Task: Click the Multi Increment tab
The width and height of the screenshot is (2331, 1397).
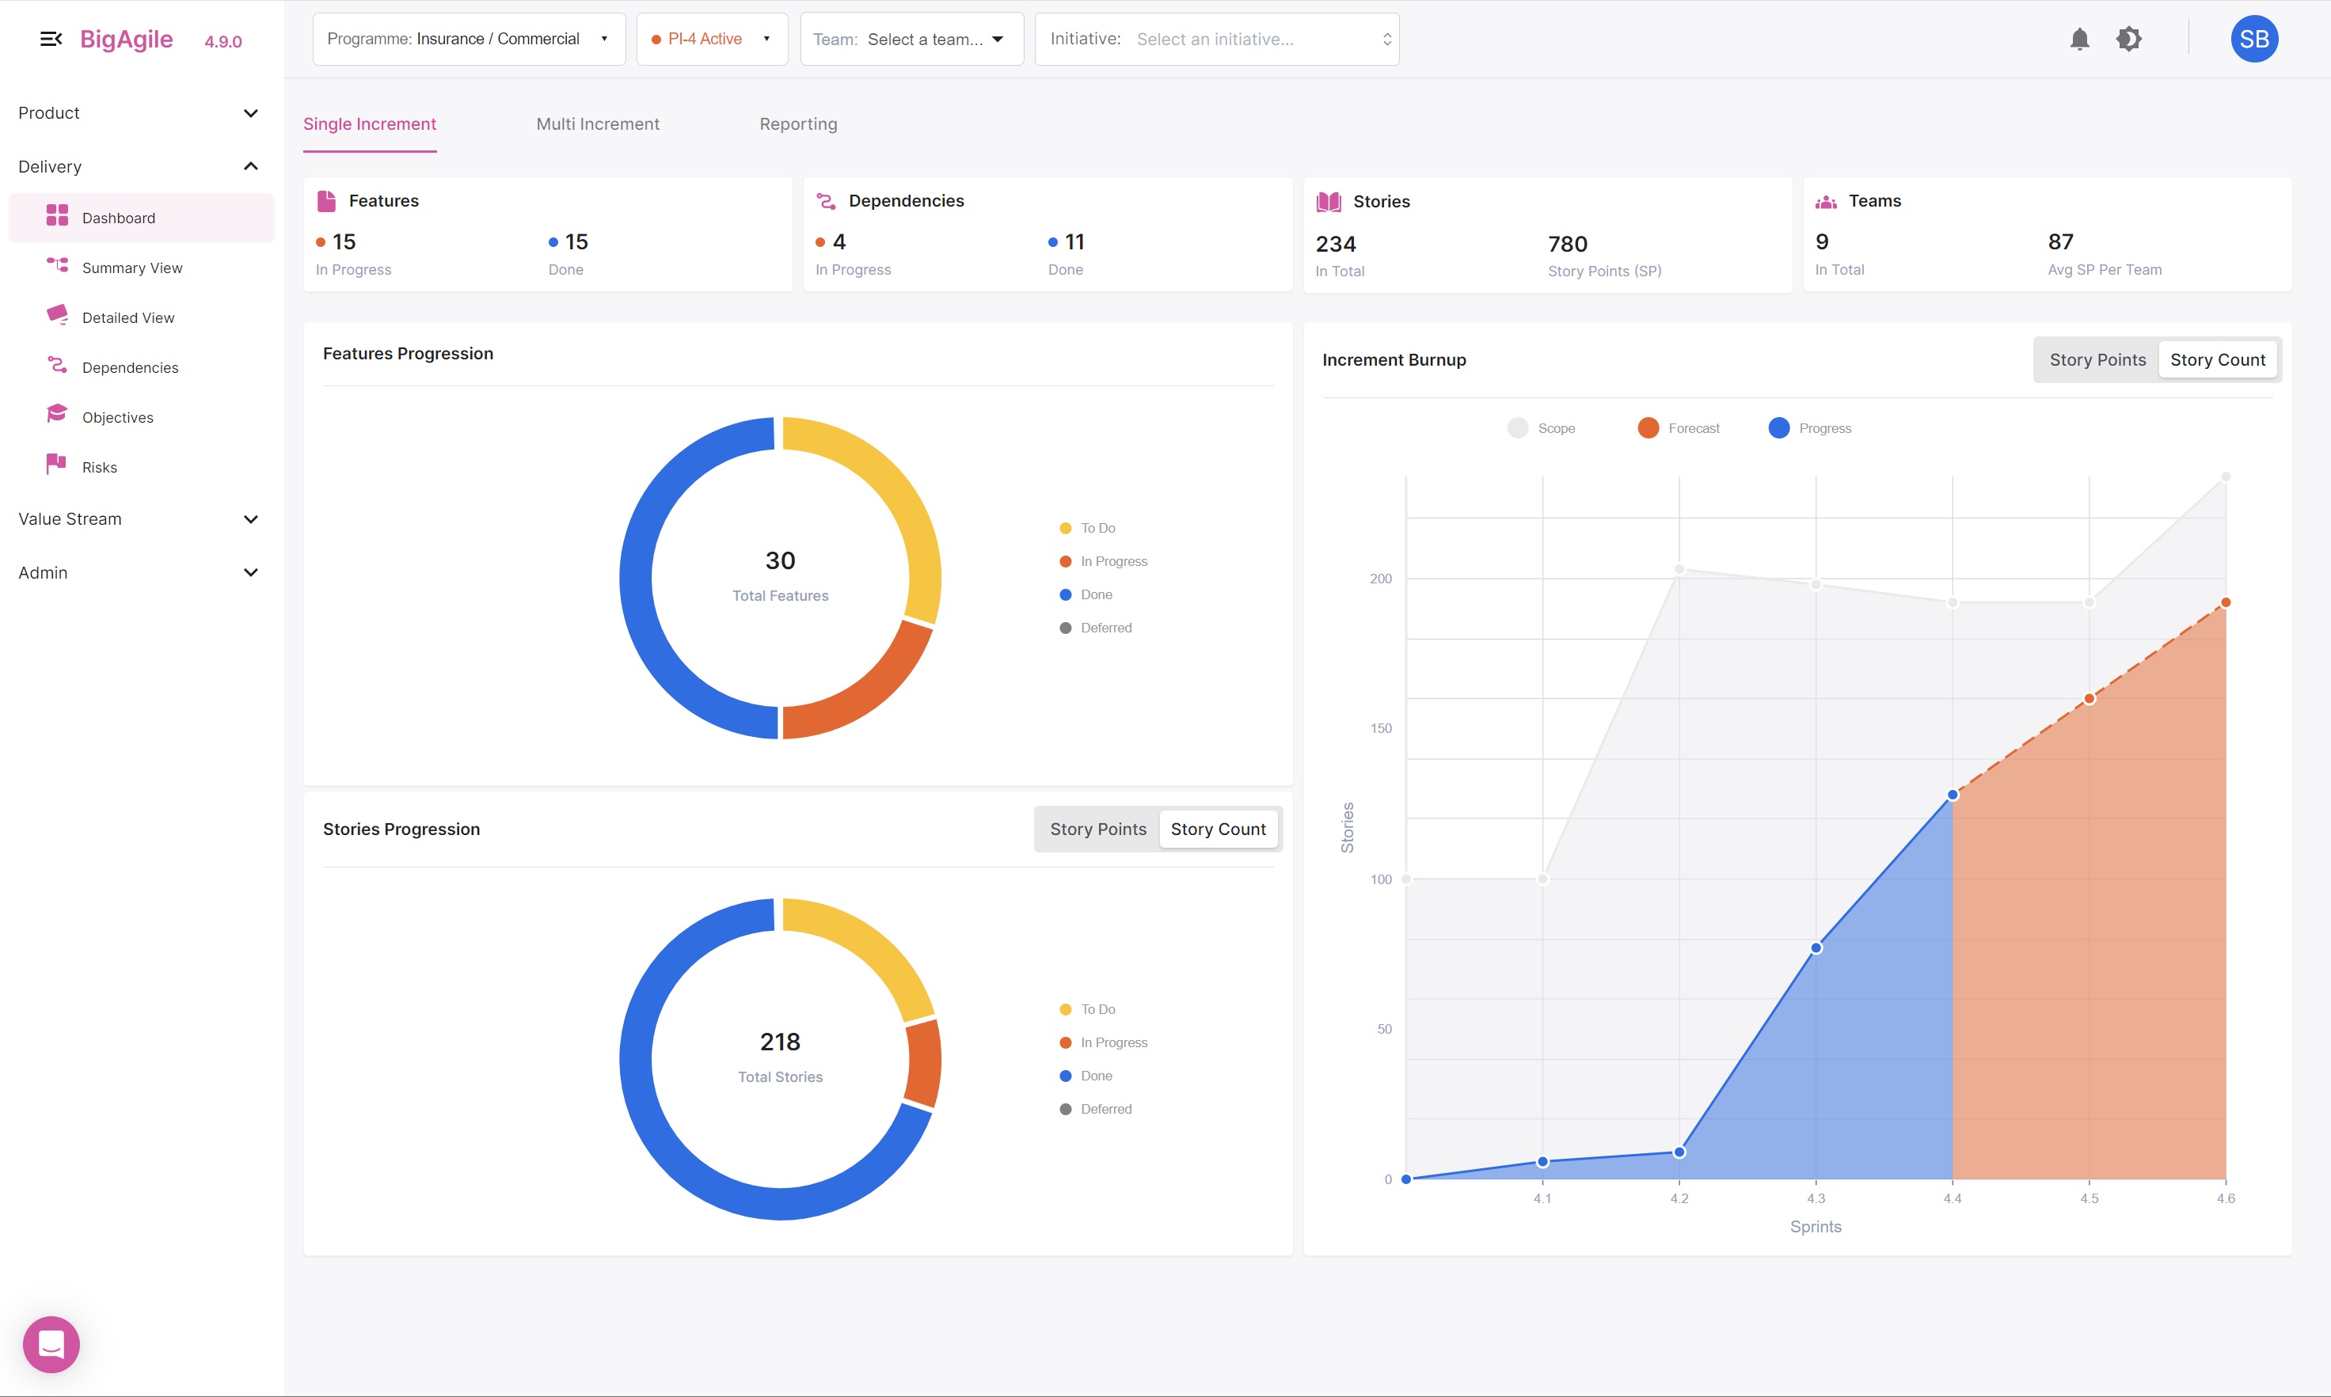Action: [x=598, y=124]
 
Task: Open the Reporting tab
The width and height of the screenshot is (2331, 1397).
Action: [x=798, y=124]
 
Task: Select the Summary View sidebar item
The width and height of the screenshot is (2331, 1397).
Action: [x=131, y=268]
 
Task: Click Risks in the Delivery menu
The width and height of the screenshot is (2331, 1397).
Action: [x=99, y=468]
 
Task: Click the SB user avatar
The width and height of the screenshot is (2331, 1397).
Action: [x=2254, y=40]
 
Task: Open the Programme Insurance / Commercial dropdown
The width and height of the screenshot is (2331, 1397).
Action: [x=468, y=40]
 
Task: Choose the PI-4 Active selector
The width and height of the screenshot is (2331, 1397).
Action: [x=712, y=40]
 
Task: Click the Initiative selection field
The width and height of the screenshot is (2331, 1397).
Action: [x=1216, y=40]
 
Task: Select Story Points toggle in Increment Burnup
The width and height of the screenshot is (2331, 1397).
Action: [x=2097, y=361]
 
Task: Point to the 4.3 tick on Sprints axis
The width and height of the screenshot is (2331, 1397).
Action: [x=1815, y=1198]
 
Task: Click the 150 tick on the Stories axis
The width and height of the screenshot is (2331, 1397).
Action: [x=1380, y=729]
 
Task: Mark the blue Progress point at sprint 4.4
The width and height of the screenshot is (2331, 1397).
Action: [x=1953, y=795]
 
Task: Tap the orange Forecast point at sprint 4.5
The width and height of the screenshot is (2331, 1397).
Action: [x=2089, y=698]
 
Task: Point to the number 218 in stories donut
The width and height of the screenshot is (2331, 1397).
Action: [x=780, y=1042]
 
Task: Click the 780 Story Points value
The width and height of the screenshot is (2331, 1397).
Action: [x=1568, y=245]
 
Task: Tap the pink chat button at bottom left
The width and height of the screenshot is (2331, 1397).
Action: [x=51, y=1344]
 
